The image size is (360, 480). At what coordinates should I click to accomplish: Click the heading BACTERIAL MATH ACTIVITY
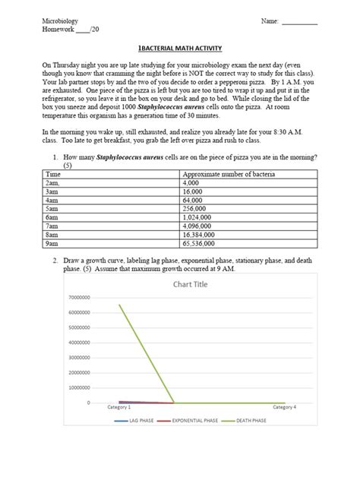[x=179, y=47]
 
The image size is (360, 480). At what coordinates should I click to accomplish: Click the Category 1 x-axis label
[x=117, y=409]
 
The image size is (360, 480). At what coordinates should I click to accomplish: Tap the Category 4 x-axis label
[x=285, y=409]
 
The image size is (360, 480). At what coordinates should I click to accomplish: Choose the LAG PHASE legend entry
[x=142, y=420]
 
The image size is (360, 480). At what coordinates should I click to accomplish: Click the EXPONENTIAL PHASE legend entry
[x=195, y=420]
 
